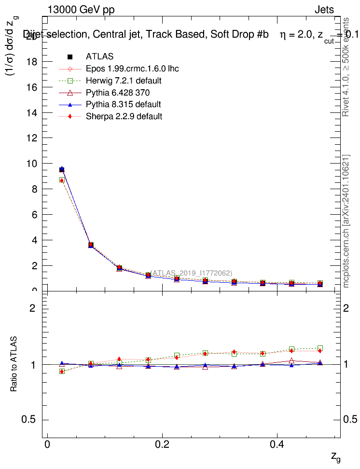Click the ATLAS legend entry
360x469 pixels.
click(x=99, y=57)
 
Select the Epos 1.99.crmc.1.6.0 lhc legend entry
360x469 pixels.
click(x=132, y=69)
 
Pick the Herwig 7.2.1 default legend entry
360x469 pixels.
click(x=123, y=81)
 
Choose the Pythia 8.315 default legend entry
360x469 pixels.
click(x=123, y=104)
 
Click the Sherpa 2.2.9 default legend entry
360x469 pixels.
click(x=124, y=116)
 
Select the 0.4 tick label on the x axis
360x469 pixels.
click(x=277, y=443)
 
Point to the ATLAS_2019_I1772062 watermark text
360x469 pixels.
click(x=192, y=273)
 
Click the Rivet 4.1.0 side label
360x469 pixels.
click(x=346, y=68)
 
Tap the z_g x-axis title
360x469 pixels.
click(x=335, y=456)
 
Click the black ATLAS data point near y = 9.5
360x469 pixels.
click(x=62, y=170)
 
